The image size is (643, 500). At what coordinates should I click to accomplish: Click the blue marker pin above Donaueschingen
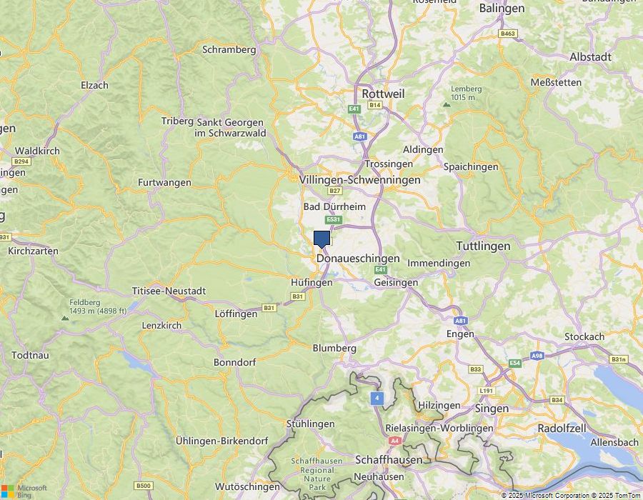[321, 239]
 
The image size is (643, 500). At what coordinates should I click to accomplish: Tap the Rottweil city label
[383, 94]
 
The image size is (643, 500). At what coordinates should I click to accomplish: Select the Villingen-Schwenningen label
[360, 180]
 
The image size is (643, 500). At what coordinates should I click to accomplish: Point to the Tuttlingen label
[483, 246]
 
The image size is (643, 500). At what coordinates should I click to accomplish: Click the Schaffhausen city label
[389, 459]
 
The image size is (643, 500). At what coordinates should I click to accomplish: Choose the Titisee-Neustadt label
[169, 291]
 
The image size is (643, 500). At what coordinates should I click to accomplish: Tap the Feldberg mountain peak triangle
[66, 317]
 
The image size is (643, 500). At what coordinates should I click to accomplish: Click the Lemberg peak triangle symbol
[447, 104]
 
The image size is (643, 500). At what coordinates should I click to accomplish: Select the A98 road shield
[537, 356]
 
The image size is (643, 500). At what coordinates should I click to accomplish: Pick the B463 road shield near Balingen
[508, 34]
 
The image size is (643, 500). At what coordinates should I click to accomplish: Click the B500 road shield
[144, 486]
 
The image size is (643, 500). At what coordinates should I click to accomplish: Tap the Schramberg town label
[229, 49]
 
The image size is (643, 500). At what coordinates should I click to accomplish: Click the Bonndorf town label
[234, 362]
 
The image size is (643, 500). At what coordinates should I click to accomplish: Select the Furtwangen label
[164, 182]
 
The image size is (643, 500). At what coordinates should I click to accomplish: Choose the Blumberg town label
[334, 348]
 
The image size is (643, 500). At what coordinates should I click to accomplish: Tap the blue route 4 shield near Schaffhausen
[377, 398]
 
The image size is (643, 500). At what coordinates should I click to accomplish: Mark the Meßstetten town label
[556, 82]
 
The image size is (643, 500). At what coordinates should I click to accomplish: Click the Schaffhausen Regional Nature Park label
[317, 471]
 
